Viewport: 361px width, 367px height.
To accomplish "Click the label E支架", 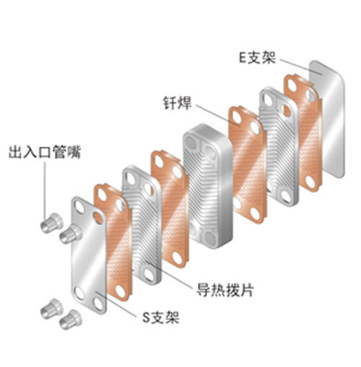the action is (x=257, y=58).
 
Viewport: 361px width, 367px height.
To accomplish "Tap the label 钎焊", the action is (x=178, y=103).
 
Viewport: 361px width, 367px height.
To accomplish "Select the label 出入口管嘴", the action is (x=45, y=152).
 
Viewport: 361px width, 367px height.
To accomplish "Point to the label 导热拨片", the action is (x=225, y=290).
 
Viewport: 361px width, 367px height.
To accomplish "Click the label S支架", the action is (x=161, y=317).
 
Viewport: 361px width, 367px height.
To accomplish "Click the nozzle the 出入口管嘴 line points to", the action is (x=51, y=223).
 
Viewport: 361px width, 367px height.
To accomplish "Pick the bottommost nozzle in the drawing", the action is (x=70, y=319).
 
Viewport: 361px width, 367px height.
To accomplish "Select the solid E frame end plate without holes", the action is (x=326, y=119).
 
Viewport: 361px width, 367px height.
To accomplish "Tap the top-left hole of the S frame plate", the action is (x=79, y=207).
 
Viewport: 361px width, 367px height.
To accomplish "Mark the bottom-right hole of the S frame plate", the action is (x=98, y=304).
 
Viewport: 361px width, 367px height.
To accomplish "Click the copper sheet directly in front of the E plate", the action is (x=303, y=133).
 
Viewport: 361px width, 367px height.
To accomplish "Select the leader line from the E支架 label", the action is (x=301, y=66).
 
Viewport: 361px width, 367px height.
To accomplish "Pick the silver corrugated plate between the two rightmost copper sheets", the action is (x=279, y=146).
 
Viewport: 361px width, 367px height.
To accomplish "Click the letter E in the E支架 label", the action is (x=243, y=58).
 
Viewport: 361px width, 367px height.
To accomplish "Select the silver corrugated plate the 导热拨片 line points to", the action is (x=142, y=225).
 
